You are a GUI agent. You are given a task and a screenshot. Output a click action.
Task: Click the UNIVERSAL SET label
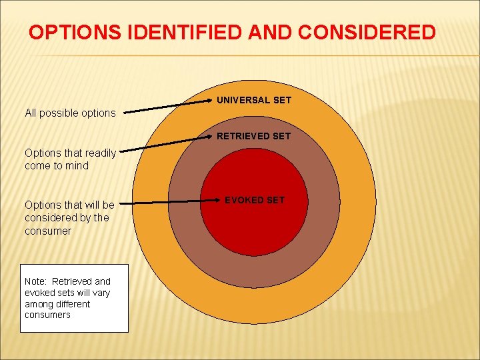click(x=254, y=100)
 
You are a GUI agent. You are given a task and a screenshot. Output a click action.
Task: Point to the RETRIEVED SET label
click(x=253, y=136)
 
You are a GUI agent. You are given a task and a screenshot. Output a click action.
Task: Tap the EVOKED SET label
click(x=254, y=200)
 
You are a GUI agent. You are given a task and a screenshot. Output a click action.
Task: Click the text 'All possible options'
click(x=70, y=113)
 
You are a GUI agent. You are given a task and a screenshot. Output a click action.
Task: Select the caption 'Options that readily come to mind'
click(x=70, y=159)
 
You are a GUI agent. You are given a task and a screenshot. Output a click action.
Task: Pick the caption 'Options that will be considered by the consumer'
click(x=69, y=218)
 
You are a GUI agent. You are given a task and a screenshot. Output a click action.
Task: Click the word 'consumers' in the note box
click(x=47, y=315)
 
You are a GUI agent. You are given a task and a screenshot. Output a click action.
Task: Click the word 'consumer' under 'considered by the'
click(x=48, y=231)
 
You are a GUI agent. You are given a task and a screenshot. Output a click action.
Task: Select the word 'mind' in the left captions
click(x=77, y=166)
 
